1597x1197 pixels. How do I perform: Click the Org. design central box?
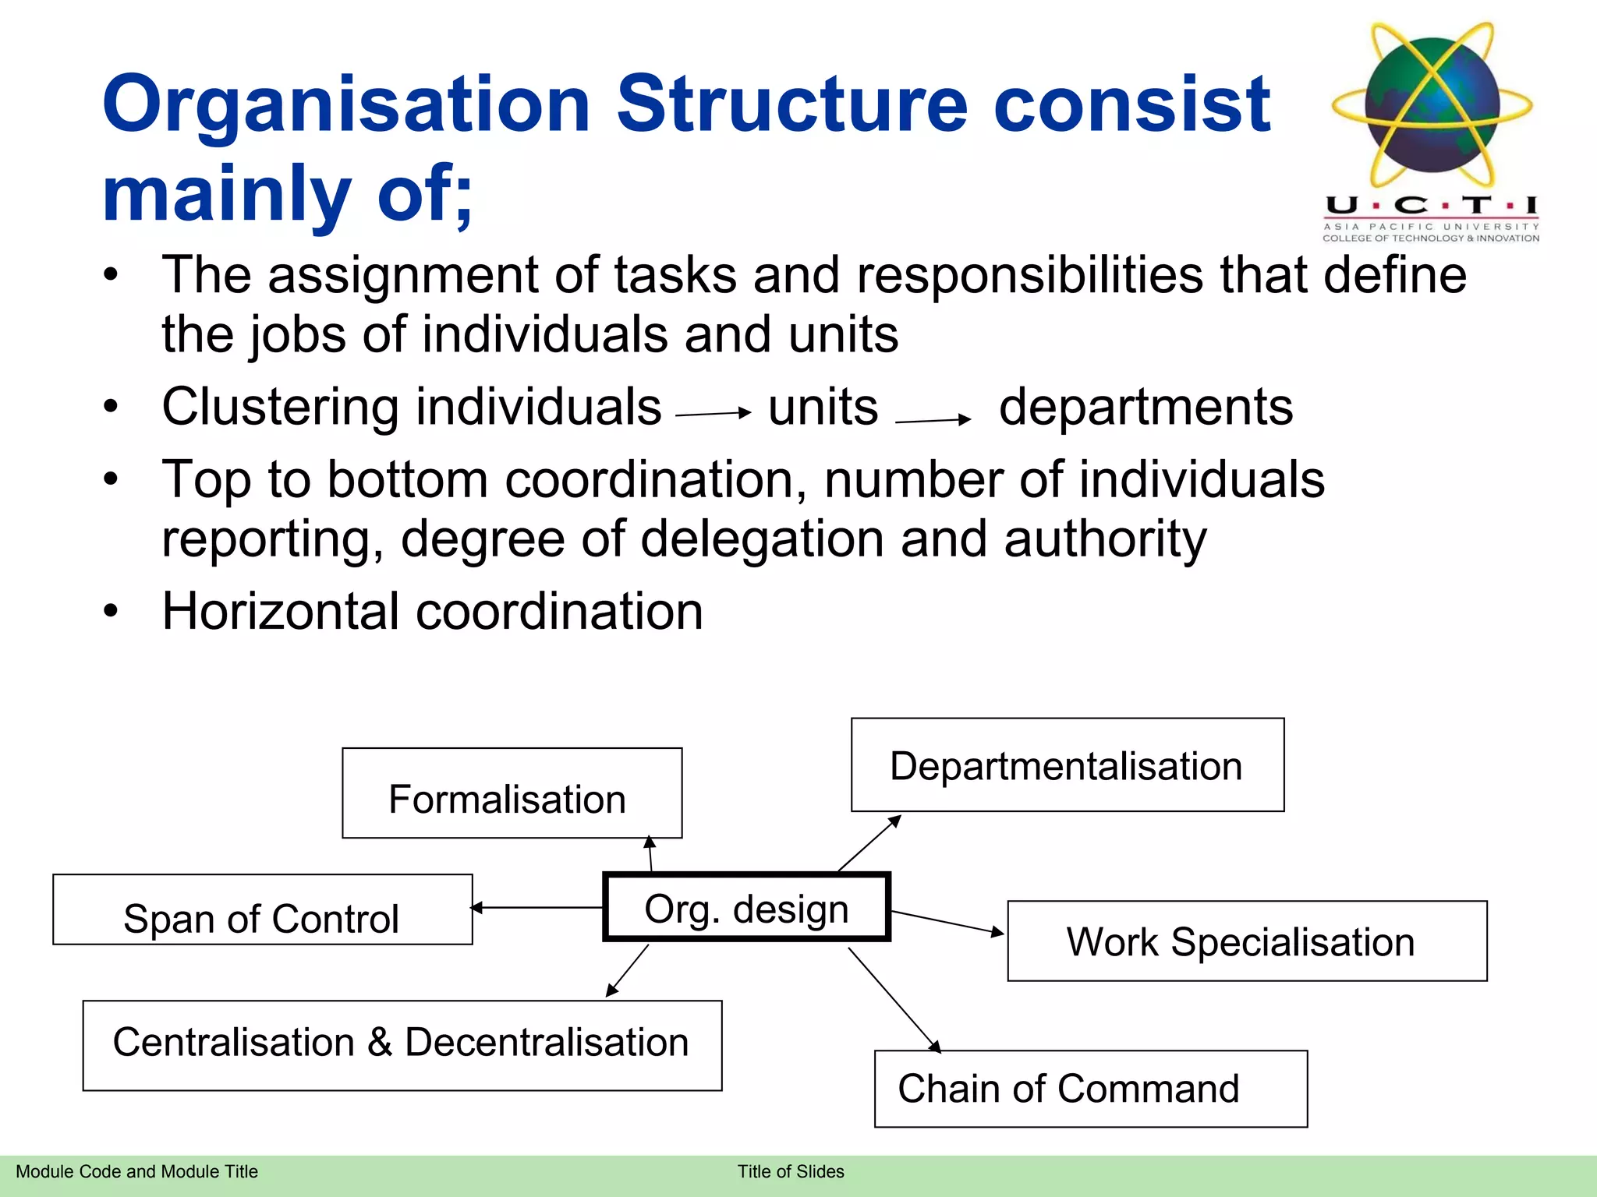tap(746, 908)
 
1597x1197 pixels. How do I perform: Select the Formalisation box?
tap(512, 793)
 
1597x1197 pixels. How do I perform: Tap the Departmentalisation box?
tap(1067, 765)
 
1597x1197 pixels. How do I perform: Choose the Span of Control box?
tap(262, 909)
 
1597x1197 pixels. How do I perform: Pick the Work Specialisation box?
tap(1246, 941)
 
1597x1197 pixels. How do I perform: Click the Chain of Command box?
tap(1090, 1089)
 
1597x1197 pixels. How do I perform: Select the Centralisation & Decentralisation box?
tap(402, 1045)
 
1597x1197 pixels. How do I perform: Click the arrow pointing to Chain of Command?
tap(894, 1000)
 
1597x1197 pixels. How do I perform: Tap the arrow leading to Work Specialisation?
tap(947, 923)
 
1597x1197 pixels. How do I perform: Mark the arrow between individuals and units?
tap(713, 414)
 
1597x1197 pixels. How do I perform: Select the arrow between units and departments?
tap(933, 421)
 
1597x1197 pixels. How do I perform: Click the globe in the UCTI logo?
tap(1432, 104)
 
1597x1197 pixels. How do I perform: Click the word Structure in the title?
tap(791, 104)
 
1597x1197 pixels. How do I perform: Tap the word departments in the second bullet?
tap(1146, 407)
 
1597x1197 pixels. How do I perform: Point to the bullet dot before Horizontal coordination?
tap(111, 611)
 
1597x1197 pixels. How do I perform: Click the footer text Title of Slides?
tap(790, 1171)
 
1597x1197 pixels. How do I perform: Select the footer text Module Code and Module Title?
tap(136, 1171)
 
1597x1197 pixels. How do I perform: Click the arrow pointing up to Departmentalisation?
tap(869, 843)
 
